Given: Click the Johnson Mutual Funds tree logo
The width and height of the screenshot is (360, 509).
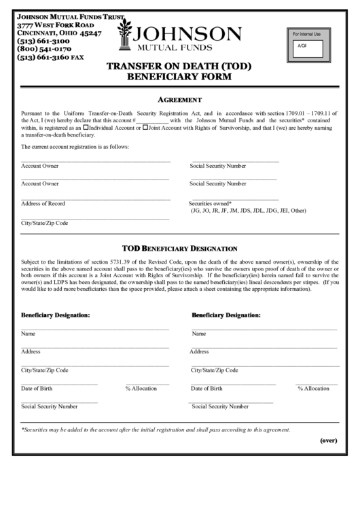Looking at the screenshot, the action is (126, 36).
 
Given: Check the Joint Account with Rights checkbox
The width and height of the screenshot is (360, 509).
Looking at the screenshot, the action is (146, 127).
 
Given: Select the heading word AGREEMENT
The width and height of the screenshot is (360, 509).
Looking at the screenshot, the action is (180, 99).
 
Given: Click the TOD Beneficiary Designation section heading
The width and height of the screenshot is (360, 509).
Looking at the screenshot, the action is (179, 248).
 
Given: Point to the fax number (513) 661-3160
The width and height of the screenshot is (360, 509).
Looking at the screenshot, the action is (50, 58).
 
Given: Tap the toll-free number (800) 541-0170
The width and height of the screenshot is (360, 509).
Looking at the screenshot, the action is (45, 50).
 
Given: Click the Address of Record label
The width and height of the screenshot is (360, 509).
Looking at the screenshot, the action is (43, 204).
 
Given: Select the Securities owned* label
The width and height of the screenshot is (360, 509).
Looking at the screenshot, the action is (210, 204).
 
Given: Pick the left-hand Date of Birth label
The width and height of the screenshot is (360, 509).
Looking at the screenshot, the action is (37, 389).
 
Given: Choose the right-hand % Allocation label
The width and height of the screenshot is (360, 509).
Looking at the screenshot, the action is (313, 389).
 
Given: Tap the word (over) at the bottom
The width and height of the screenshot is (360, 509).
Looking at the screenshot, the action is (329, 440).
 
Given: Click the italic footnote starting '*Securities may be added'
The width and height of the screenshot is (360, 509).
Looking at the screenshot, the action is (156, 429).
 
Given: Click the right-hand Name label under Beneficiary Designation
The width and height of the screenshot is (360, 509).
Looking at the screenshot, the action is (199, 334).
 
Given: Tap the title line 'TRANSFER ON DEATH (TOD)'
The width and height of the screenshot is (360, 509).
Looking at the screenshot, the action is (180, 67).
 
